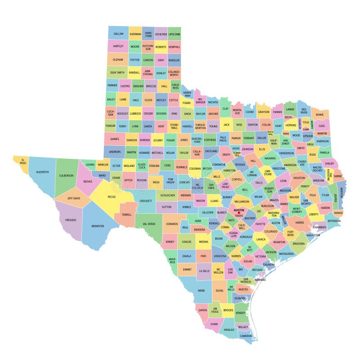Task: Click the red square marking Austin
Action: tap(239, 213)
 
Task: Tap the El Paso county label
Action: tap(21, 160)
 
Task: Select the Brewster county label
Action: tap(98, 226)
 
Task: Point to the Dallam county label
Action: tap(118, 34)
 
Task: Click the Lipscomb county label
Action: tap(174, 34)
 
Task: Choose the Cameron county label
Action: tap(246, 336)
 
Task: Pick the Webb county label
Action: tap(201, 291)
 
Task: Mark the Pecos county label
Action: tap(112, 197)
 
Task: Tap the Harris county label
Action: tap(300, 222)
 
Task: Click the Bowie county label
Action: tap(320, 114)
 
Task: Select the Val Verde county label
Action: tap(148, 224)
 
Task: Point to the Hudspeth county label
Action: tap(42, 172)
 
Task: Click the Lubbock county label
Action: tap(135, 113)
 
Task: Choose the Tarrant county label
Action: tap(248, 138)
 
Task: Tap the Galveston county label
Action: tap(313, 235)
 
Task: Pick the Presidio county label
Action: tap(71, 220)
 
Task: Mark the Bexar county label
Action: tap(219, 238)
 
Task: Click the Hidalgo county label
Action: tap(229, 329)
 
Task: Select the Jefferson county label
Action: tap(334, 221)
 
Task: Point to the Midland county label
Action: tap(129, 166)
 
